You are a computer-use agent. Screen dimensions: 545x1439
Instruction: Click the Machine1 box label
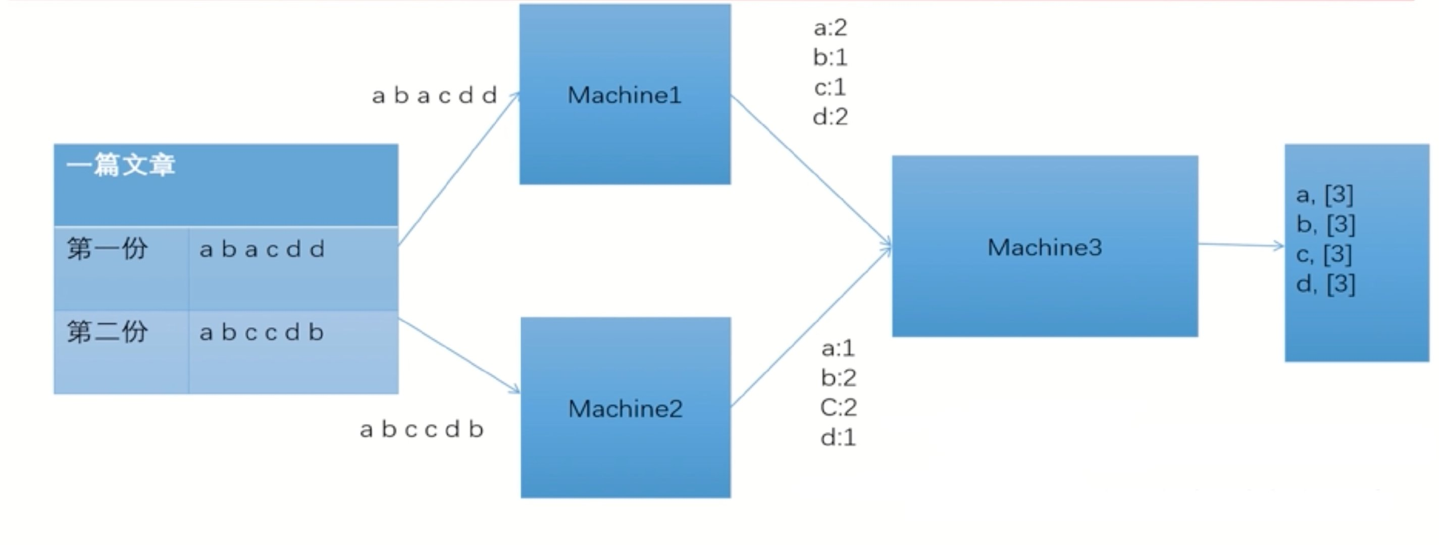click(x=625, y=95)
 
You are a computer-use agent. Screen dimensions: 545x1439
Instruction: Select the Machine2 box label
click(x=625, y=409)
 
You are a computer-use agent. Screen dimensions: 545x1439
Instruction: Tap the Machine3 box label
click(x=1045, y=247)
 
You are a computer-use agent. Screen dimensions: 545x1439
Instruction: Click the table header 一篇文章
click(x=121, y=166)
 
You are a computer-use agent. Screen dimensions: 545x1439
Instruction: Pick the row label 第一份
click(x=107, y=249)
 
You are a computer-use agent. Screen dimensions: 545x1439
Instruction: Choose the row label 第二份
click(x=107, y=332)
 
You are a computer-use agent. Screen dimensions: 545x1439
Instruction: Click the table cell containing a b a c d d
click(x=262, y=250)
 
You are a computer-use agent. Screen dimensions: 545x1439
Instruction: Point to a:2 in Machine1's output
click(x=830, y=28)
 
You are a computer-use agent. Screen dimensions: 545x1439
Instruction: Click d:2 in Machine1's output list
click(x=830, y=117)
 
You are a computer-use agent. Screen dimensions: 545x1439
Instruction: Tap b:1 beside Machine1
click(x=830, y=58)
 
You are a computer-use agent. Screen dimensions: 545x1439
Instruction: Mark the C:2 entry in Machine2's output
click(x=838, y=408)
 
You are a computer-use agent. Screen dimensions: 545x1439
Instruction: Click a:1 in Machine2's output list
click(x=838, y=348)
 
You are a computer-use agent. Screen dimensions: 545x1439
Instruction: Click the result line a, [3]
click(x=1324, y=195)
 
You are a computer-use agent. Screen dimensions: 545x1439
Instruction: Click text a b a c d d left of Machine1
click(x=435, y=96)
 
